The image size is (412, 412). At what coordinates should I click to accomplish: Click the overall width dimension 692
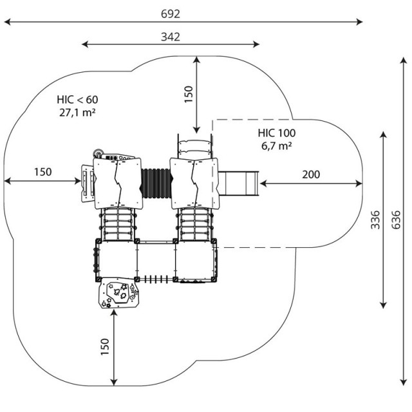click(x=171, y=14)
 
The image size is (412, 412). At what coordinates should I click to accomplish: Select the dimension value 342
click(x=171, y=37)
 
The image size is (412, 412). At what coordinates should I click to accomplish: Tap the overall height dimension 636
click(x=396, y=220)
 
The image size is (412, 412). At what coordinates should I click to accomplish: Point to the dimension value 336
click(x=375, y=220)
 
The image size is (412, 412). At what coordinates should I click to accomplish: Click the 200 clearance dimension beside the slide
click(x=311, y=174)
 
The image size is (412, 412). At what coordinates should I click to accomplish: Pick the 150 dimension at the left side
click(x=43, y=172)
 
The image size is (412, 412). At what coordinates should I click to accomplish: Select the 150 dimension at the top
click(x=189, y=95)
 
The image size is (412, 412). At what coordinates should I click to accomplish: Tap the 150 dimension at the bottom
click(x=104, y=346)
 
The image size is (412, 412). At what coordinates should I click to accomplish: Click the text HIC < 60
click(x=77, y=100)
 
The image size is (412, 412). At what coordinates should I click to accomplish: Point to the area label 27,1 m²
click(x=77, y=113)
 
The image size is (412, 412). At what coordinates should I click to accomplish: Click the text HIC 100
click(x=276, y=133)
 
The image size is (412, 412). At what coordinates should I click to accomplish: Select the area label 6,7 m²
click(x=276, y=145)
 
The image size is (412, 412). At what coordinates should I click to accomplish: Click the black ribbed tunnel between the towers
click(x=156, y=183)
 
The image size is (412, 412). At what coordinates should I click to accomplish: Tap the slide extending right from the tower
click(x=239, y=183)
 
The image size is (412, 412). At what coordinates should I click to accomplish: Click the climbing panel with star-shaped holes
click(x=118, y=293)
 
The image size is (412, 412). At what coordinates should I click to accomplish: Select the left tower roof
click(x=118, y=183)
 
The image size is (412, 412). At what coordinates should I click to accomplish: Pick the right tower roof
click(x=194, y=183)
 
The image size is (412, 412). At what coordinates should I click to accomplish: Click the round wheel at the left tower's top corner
click(x=98, y=153)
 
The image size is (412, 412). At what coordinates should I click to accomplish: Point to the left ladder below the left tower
click(x=118, y=224)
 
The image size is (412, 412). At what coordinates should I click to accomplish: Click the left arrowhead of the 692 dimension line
click(x=7, y=22)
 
